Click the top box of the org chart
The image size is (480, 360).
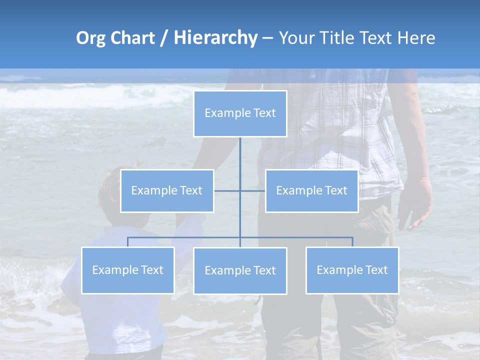click(240, 113)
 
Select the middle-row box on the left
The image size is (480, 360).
click(167, 190)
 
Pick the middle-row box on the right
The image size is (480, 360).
click(311, 190)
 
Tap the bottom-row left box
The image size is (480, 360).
click(127, 270)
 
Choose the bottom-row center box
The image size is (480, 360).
click(240, 270)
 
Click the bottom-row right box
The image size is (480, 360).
click(352, 270)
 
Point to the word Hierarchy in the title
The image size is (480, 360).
click(215, 38)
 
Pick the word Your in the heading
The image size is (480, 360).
click(298, 38)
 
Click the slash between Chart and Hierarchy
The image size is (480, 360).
click(164, 38)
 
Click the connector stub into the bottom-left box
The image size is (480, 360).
click(127, 242)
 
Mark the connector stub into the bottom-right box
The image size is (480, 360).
click(352, 242)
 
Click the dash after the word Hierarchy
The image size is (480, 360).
click(267, 38)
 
